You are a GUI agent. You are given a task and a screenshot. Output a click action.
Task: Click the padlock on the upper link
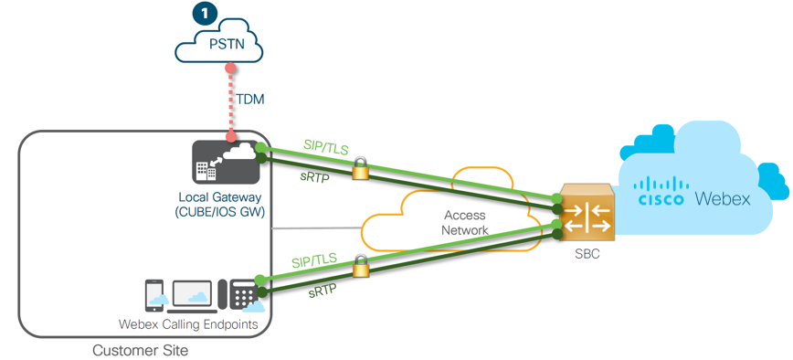click(x=360, y=168)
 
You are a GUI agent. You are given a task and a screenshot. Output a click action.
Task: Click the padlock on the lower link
click(x=360, y=267)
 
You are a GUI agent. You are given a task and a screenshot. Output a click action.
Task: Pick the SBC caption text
click(x=587, y=254)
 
